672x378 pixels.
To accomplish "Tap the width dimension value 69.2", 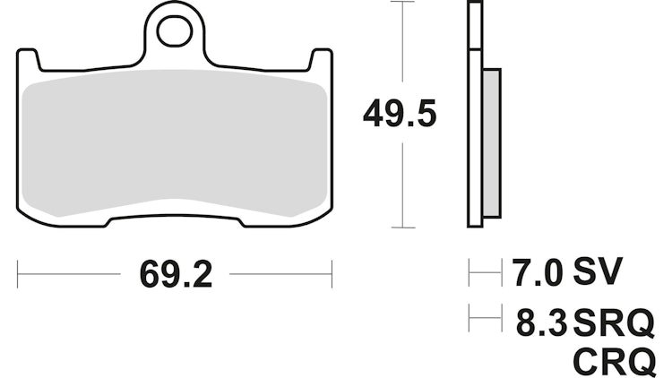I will [x=176, y=275].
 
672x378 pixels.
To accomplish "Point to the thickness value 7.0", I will [x=537, y=272].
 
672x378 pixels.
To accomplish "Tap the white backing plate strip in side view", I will [x=475, y=116].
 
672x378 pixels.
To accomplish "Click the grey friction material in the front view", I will [x=175, y=143].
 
